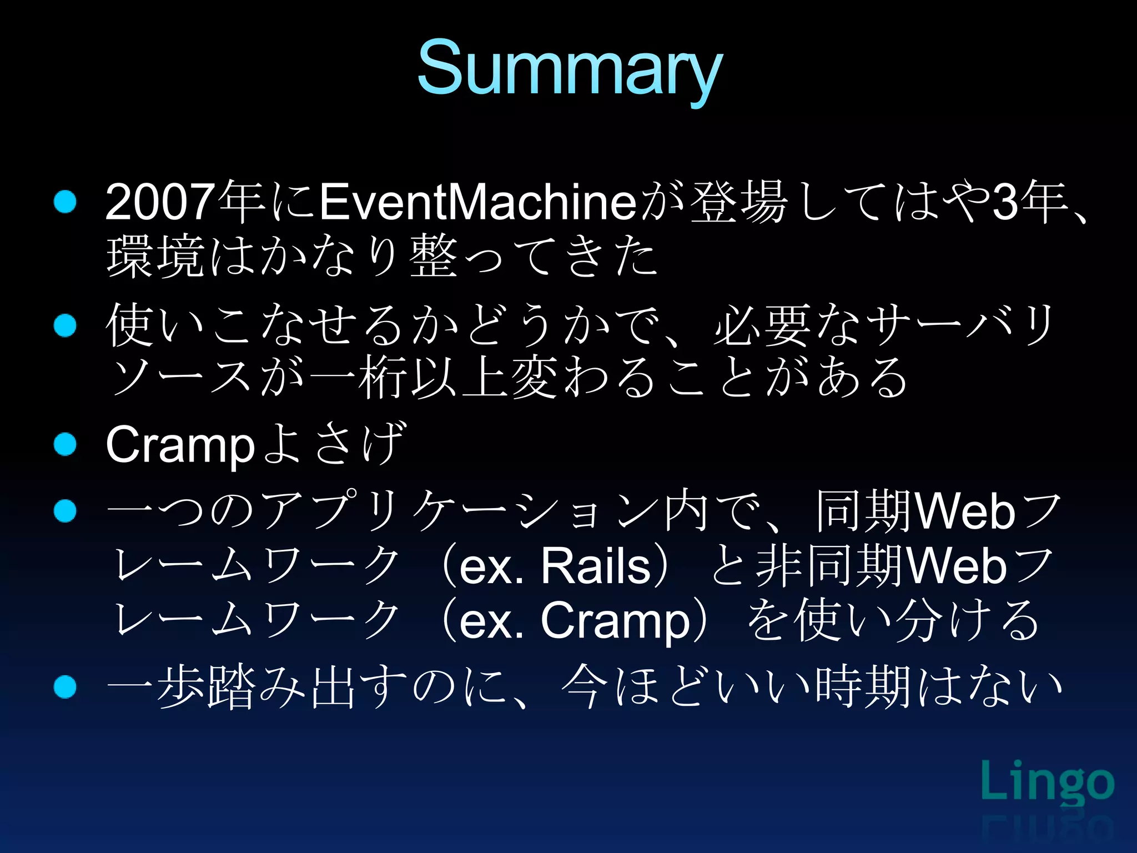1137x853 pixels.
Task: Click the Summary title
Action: [x=569, y=69]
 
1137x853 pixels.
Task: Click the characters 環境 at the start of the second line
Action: [x=156, y=257]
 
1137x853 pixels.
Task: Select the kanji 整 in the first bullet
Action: [x=434, y=257]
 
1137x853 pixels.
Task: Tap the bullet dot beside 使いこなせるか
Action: [x=65, y=325]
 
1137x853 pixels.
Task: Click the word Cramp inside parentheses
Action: [x=615, y=621]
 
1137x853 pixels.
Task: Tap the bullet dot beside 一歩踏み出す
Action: [x=65, y=687]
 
